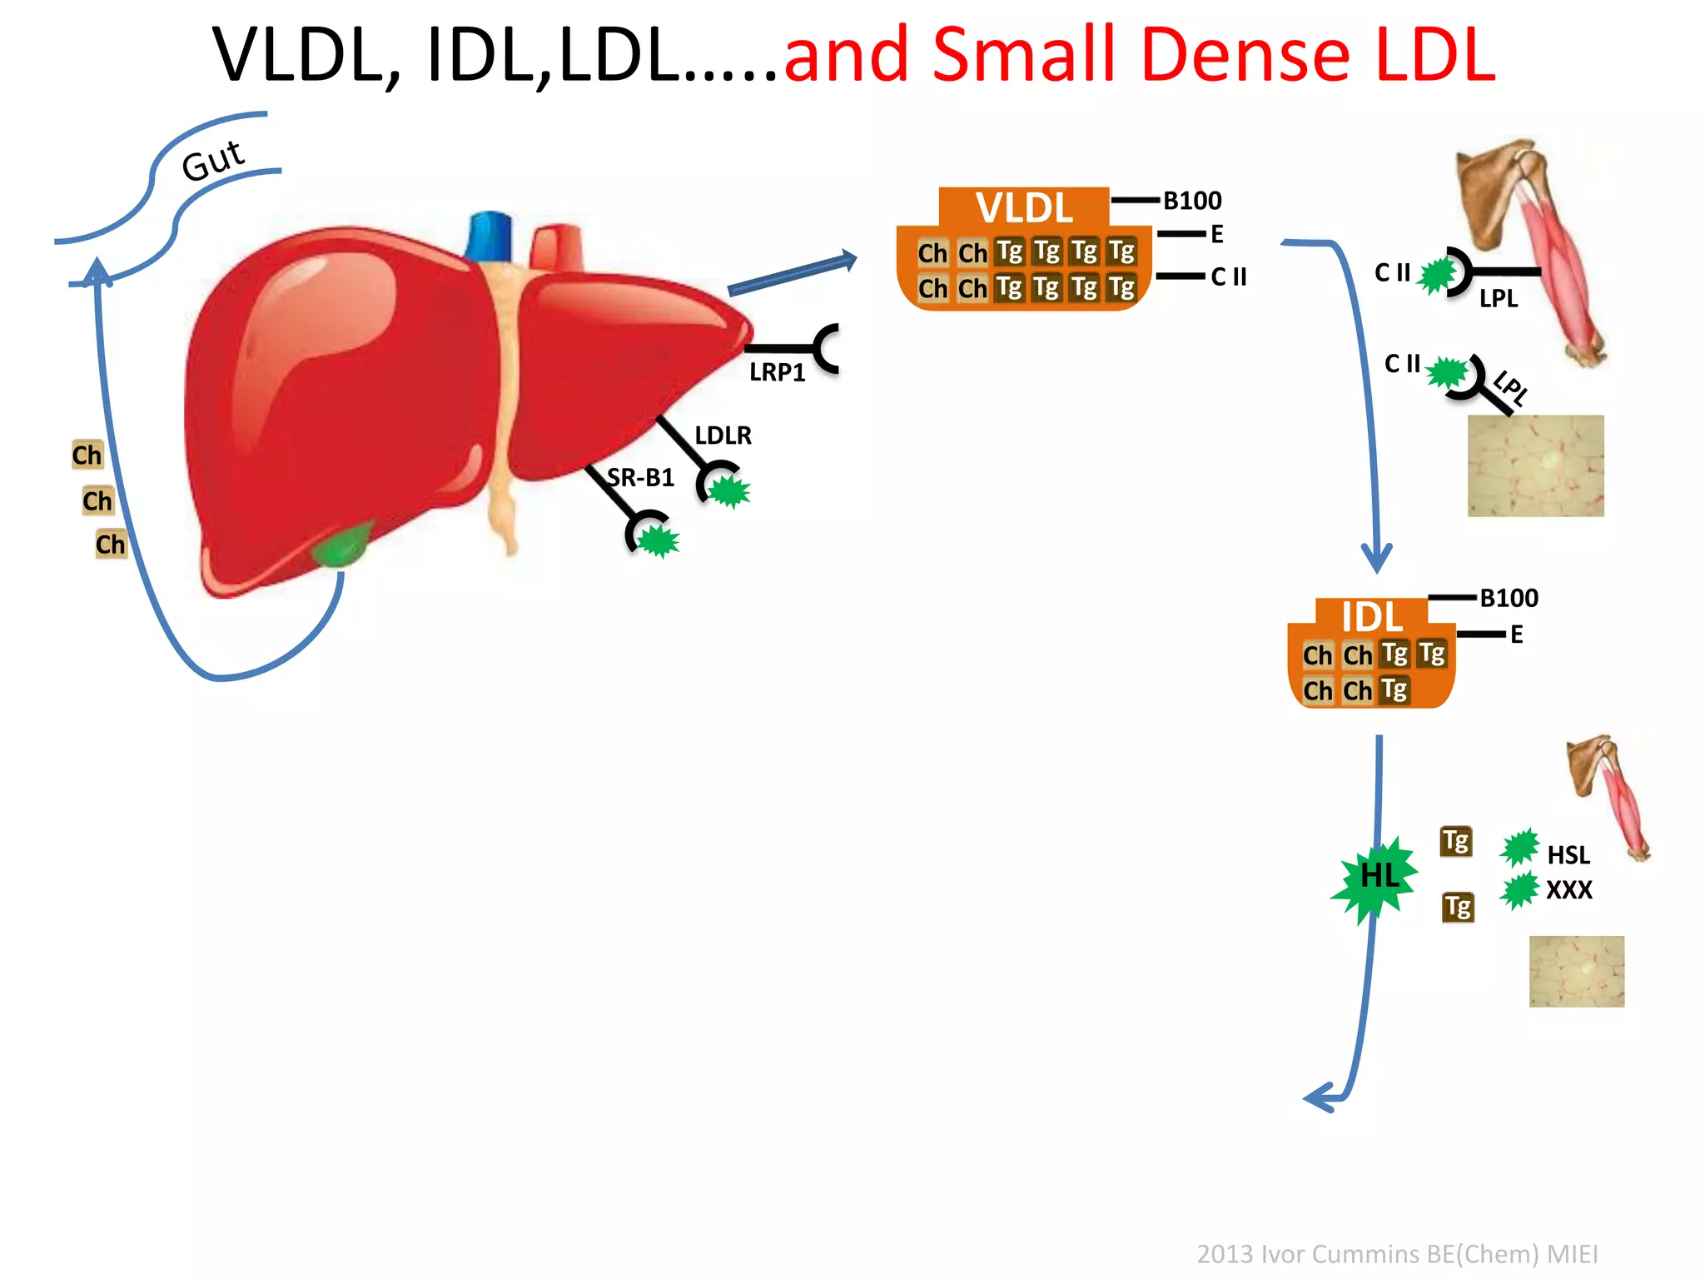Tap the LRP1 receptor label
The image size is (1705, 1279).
tap(777, 372)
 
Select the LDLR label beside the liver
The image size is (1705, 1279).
tap(723, 435)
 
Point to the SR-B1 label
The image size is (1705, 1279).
tap(640, 477)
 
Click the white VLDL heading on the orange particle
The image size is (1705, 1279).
tap(1024, 207)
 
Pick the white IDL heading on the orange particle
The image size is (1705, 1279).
tap(1371, 617)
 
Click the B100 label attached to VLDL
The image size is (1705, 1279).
tap(1192, 201)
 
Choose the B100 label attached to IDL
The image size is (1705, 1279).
tap(1509, 598)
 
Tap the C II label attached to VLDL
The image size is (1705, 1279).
tap(1228, 276)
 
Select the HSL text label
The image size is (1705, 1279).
tap(1568, 855)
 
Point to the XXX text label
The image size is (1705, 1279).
tap(1568, 890)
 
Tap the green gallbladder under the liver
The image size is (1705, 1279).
tap(341, 545)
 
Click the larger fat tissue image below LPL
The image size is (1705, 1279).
tap(1535, 465)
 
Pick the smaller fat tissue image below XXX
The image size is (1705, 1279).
tap(1576, 971)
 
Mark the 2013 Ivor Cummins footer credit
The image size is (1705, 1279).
tap(1397, 1253)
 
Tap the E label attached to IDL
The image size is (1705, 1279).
tap(1516, 635)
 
